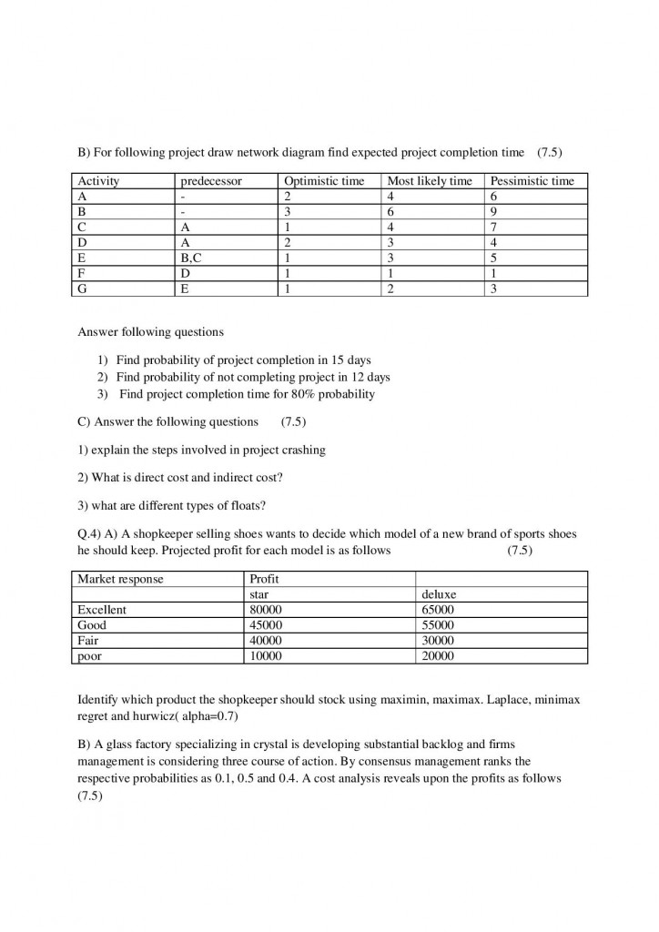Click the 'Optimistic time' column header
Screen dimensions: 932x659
[x=324, y=181]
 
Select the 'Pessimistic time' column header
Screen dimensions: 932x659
[x=532, y=181]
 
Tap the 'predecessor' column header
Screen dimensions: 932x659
[x=211, y=181]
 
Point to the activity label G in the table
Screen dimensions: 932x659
[x=83, y=289]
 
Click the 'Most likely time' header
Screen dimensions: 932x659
[x=430, y=181]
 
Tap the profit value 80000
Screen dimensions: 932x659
[x=267, y=610]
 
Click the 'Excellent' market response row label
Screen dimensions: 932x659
[x=102, y=610]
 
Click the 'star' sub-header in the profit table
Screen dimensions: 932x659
[x=259, y=594]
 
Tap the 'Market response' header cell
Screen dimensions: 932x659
[x=120, y=579]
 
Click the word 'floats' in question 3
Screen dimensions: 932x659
[x=248, y=506]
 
